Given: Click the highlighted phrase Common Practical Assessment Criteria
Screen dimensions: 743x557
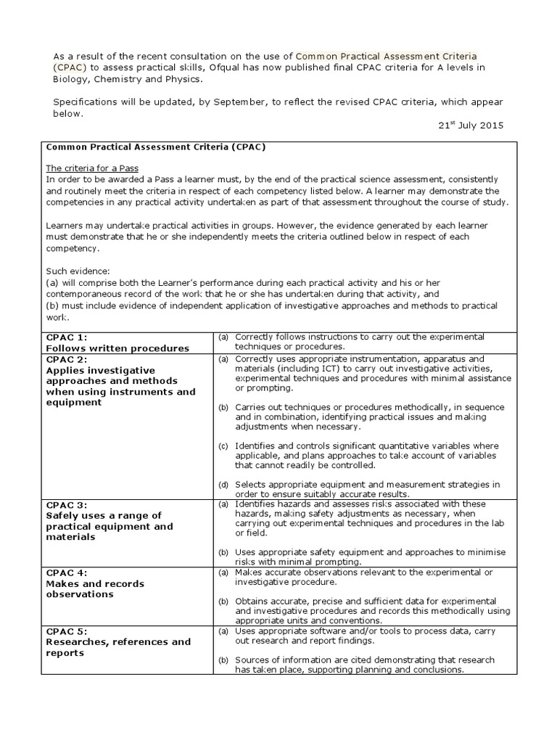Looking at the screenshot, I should (x=387, y=56).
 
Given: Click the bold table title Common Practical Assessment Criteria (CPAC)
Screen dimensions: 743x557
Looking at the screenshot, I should (x=156, y=146).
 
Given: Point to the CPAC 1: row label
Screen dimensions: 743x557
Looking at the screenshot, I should (x=67, y=337).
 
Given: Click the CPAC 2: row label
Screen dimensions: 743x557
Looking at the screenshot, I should (x=67, y=359).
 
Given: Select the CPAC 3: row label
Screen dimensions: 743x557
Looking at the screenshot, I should (x=67, y=504).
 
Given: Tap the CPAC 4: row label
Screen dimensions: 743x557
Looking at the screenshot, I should (x=67, y=572).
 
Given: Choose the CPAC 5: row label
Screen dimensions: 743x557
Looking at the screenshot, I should (x=67, y=631).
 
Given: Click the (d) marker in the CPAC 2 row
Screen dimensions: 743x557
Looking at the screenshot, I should (x=224, y=484).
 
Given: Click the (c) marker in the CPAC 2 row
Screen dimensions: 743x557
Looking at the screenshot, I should (x=224, y=446).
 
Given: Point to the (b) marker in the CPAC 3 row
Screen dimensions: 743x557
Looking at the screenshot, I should (x=224, y=552).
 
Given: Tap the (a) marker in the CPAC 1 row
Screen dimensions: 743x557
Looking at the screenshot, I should (x=224, y=337).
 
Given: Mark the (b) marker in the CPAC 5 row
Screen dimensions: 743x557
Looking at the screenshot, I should (x=224, y=660).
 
